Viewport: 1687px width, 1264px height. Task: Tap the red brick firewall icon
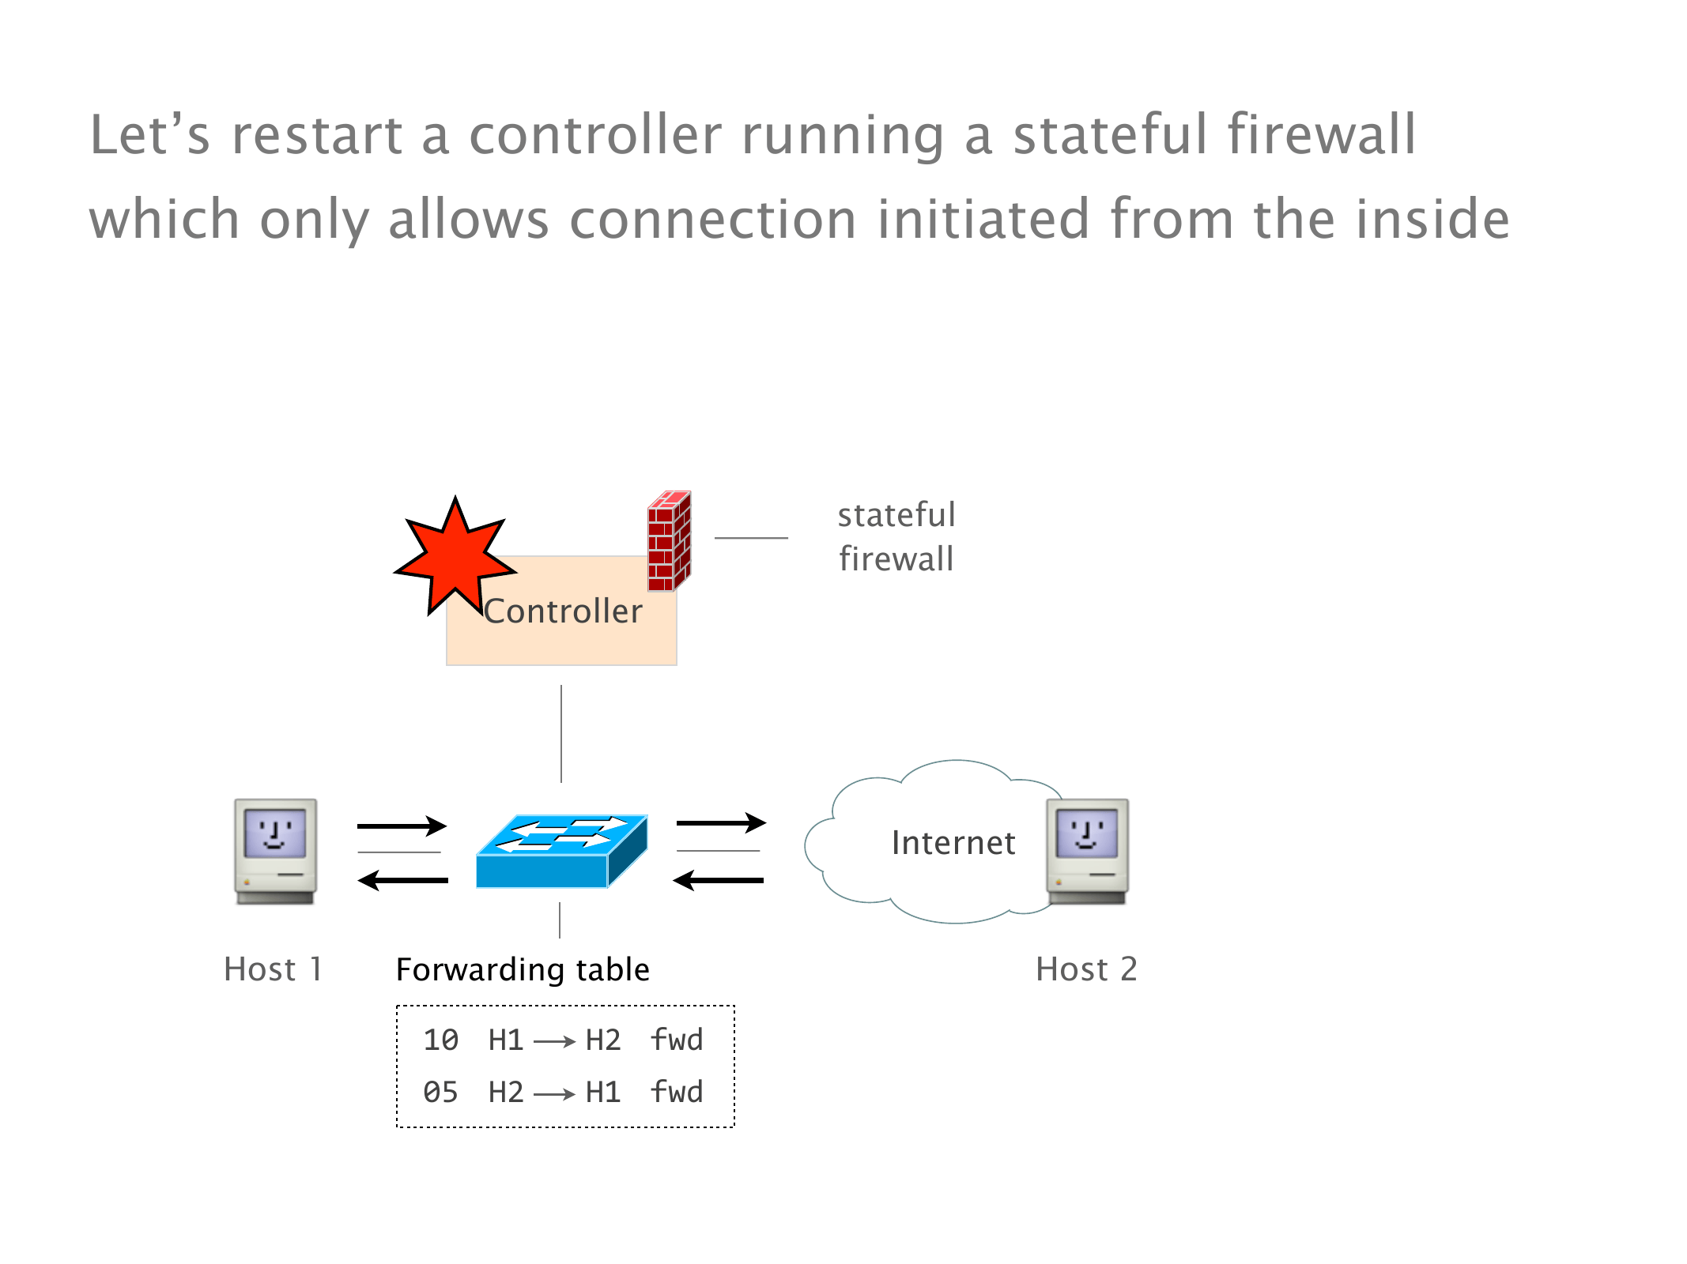click(x=669, y=542)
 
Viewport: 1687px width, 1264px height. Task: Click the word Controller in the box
click(x=563, y=611)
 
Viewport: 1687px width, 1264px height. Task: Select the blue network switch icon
click(x=561, y=851)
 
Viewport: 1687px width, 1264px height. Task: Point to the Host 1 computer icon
click(x=275, y=850)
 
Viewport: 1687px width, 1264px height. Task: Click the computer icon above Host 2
click(x=1087, y=850)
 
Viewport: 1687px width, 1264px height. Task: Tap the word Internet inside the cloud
click(x=953, y=843)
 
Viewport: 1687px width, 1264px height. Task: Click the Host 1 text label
click(x=273, y=969)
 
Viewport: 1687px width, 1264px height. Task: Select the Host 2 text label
click(x=1086, y=969)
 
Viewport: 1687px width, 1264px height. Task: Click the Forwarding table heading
click(x=523, y=969)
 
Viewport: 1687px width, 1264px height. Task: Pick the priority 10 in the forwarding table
click(x=440, y=1040)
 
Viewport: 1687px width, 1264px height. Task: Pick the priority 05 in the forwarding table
click(x=440, y=1093)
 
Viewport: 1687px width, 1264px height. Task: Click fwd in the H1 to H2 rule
click(x=677, y=1040)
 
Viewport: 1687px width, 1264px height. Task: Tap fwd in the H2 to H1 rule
click(x=677, y=1092)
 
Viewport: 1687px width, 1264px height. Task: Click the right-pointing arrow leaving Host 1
click(x=402, y=826)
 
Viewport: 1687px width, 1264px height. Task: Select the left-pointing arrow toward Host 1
click(x=403, y=880)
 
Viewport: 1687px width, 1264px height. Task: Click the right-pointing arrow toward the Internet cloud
click(x=721, y=823)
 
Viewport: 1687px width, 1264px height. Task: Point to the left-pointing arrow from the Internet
click(x=719, y=880)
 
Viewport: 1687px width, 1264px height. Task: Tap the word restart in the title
click(x=317, y=134)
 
